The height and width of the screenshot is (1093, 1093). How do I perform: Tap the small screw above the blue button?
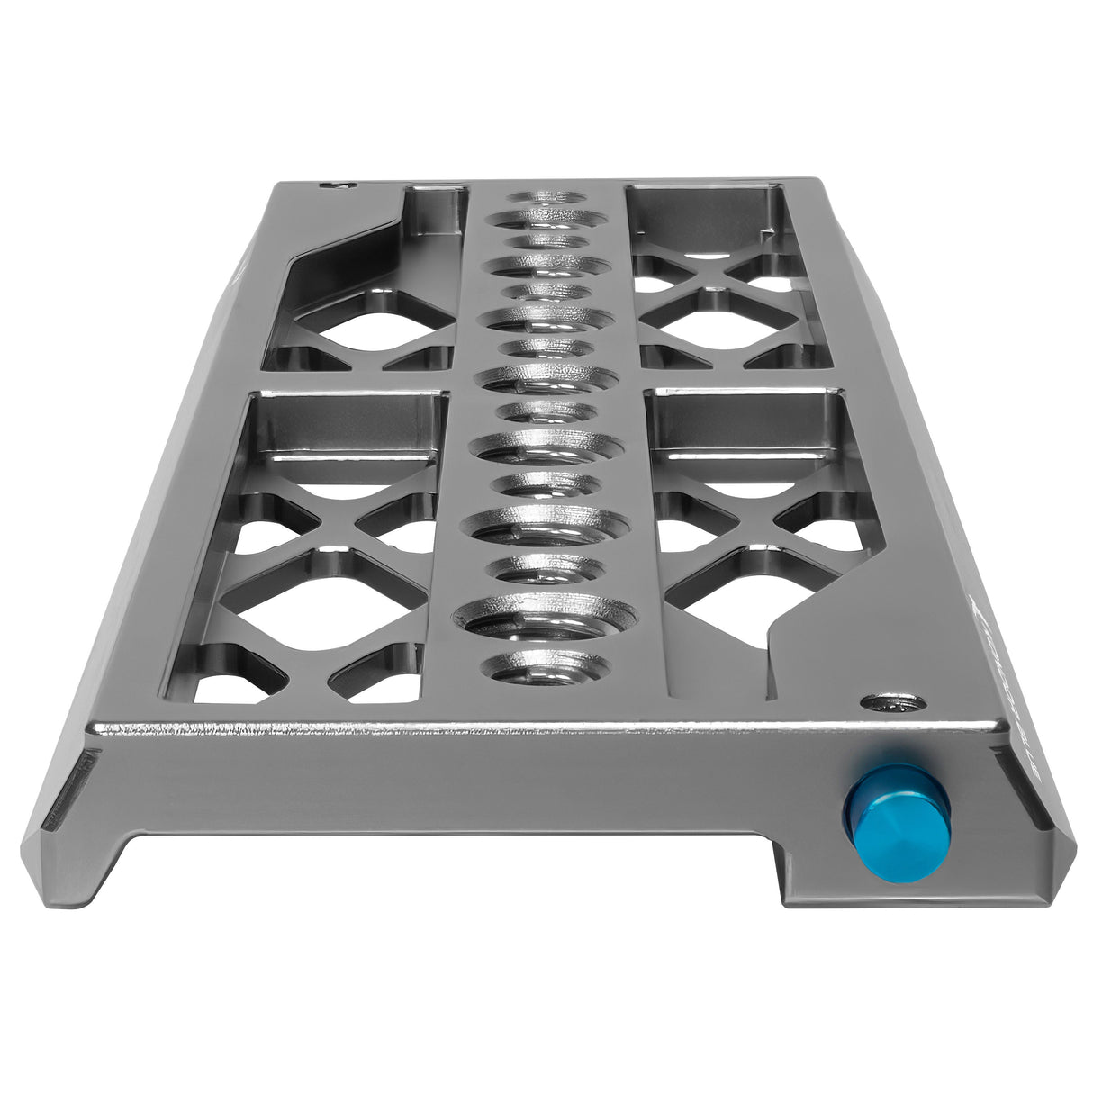pos(891,700)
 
